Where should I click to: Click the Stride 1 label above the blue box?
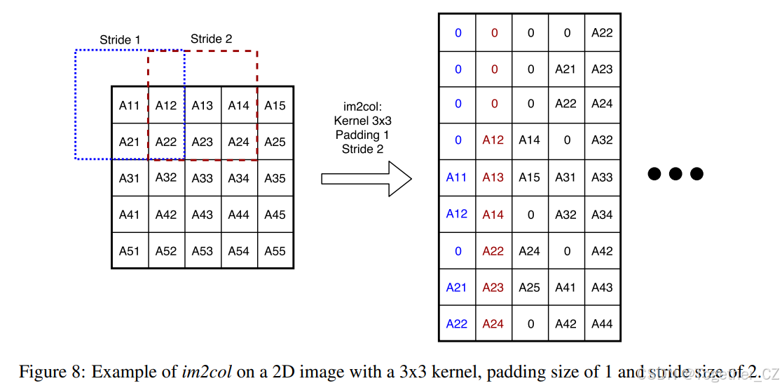(120, 40)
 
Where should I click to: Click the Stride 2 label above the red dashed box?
(211, 39)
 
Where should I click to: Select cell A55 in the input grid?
(275, 250)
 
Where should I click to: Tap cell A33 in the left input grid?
(202, 178)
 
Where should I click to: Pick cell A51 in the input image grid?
(129, 250)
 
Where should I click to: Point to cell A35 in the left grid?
(275, 178)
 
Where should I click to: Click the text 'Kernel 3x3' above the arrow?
(362, 121)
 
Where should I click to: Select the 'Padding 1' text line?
(362, 135)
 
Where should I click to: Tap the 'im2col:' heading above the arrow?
(362, 107)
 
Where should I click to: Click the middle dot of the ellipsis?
(675, 173)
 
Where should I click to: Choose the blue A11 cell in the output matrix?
(457, 178)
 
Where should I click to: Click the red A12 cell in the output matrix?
(493, 140)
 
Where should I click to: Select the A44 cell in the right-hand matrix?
(602, 323)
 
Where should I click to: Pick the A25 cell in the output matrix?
(530, 287)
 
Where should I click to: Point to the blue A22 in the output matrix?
(457, 323)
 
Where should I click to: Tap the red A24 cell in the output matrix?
(493, 323)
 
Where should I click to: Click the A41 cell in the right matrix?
(565, 287)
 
